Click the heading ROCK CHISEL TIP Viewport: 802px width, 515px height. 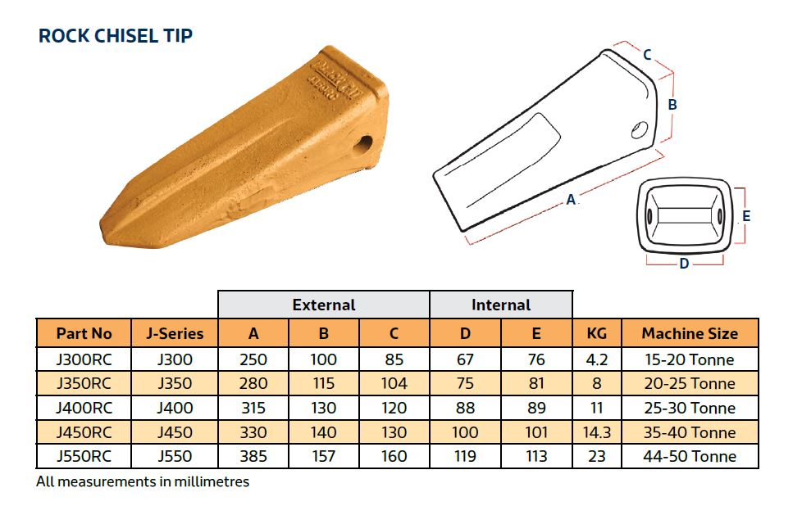pos(116,36)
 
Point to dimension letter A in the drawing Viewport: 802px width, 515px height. pos(571,199)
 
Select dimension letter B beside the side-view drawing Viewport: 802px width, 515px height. pos(672,105)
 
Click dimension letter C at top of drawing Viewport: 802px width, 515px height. pos(647,55)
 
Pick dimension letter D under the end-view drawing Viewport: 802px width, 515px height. pos(684,264)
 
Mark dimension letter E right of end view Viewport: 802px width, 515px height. pos(746,216)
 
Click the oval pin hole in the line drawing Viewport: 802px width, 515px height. pos(640,129)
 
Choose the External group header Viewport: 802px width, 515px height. pos(324,305)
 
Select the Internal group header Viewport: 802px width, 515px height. pos(501,305)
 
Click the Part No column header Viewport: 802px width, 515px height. pos(84,333)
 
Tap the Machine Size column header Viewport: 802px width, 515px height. pos(689,333)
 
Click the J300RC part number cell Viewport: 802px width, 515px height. pos(84,359)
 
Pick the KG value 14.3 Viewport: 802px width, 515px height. pos(597,432)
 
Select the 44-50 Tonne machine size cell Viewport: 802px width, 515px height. pos(689,456)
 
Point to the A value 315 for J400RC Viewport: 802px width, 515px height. pos(253,408)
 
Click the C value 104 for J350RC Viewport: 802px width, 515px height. pos(394,383)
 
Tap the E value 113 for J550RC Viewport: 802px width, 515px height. pos(536,456)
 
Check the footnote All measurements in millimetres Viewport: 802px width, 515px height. pos(143,481)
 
